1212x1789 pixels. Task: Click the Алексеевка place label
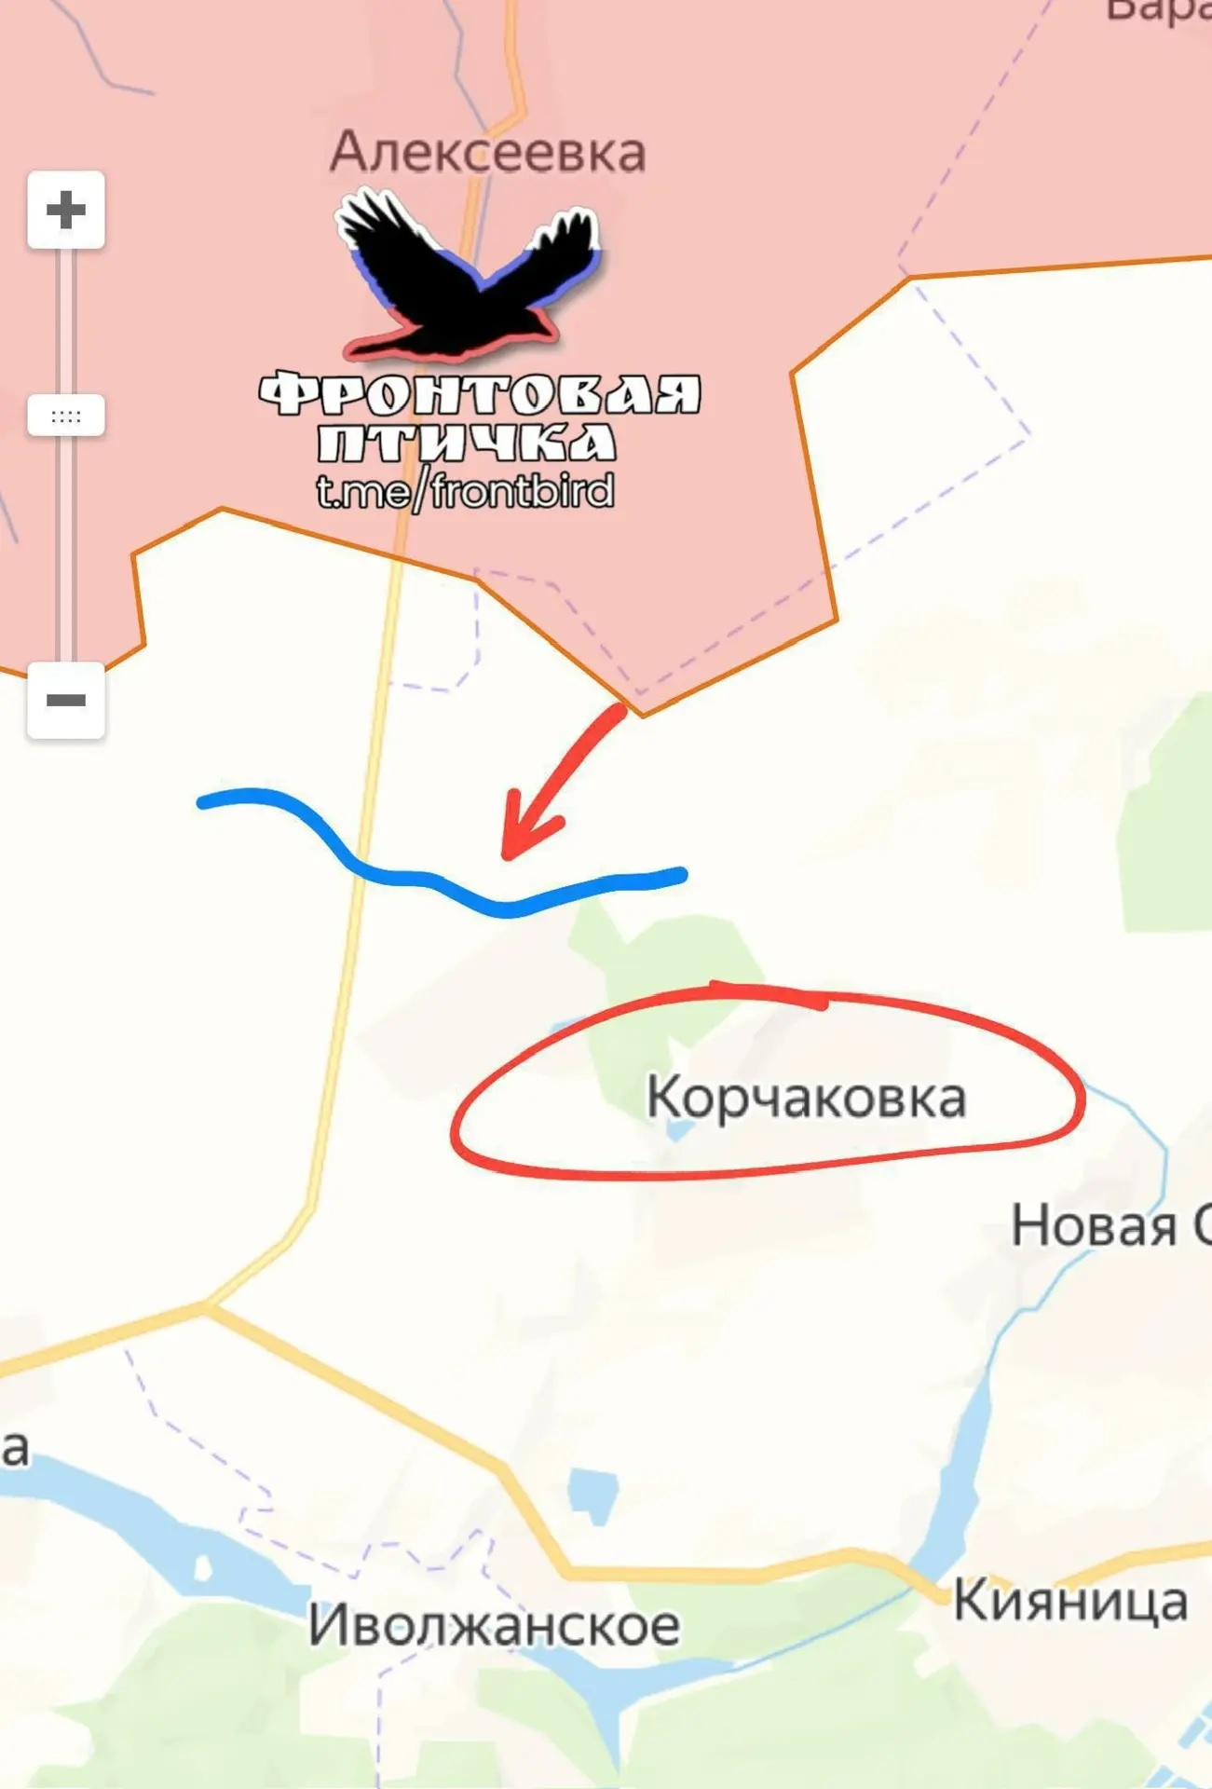click(487, 152)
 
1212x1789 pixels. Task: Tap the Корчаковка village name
click(806, 1098)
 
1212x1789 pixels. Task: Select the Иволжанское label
click(494, 1626)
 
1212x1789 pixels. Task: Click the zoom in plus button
click(65, 210)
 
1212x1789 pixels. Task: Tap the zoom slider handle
click(65, 416)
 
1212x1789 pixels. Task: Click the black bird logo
click(466, 280)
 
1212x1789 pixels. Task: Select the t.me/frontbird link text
click(465, 491)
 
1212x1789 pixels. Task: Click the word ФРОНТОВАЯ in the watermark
click(479, 394)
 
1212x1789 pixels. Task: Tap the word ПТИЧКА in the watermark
click(466, 443)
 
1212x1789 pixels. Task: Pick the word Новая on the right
click(1094, 1226)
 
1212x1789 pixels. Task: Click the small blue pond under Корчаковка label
click(679, 1130)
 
